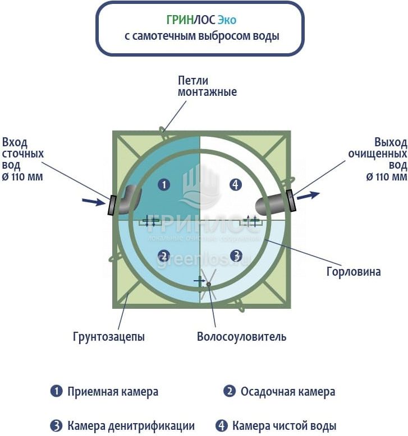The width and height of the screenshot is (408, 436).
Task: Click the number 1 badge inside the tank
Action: point(164,184)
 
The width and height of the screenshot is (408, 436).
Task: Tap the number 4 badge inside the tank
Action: point(236,184)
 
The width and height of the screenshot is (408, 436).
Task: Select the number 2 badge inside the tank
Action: point(164,256)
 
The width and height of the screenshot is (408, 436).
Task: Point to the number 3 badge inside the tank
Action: point(236,256)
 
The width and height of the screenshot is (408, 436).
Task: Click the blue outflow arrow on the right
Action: point(309,196)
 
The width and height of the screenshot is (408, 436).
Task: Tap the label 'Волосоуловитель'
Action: point(241,337)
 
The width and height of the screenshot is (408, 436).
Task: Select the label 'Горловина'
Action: point(354,272)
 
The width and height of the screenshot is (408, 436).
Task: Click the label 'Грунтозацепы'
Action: point(109,337)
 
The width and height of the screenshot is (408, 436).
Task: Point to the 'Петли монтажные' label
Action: point(207,86)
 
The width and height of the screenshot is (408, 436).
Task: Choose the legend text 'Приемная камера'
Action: point(113,392)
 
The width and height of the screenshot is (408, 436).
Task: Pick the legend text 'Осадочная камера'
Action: point(288,392)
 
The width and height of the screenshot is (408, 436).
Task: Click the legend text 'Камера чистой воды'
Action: point(285,425)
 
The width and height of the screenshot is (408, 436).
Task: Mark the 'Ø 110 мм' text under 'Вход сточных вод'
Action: point(23,177)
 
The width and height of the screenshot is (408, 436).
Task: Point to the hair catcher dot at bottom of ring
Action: point(208,284)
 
